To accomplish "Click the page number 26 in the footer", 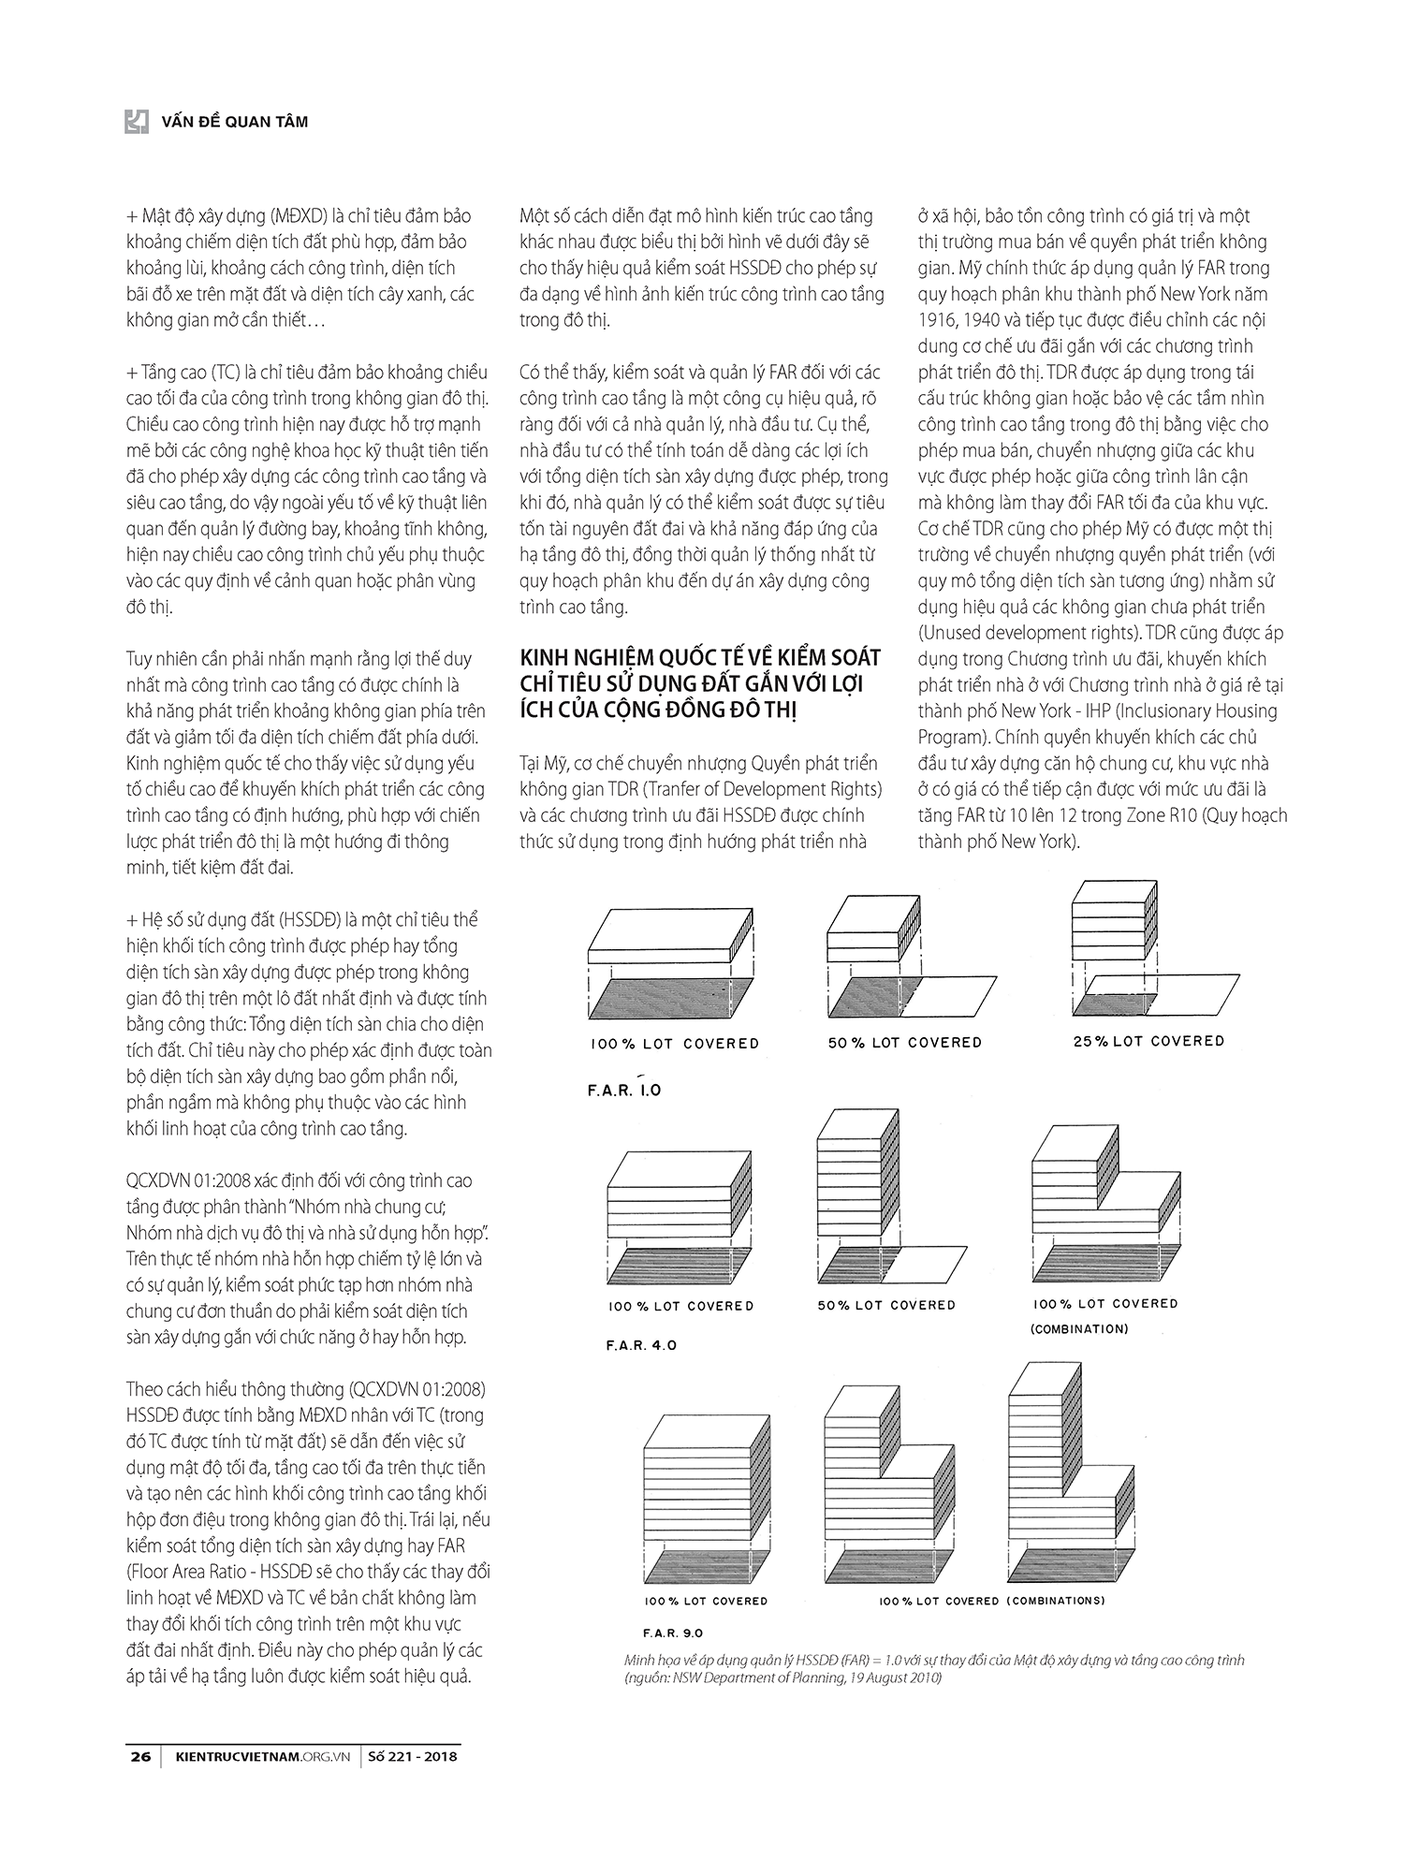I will (139, 1757).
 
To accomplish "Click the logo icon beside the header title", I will (137, 121).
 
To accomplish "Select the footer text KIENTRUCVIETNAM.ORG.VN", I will (262, 1757).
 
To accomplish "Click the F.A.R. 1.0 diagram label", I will (624, 1090).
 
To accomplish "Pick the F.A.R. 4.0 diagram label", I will (641, 1345).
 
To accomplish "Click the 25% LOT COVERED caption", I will (1148, 1040).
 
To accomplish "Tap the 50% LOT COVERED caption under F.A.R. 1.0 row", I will (904, 1042).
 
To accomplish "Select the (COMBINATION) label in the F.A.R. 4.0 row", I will (1079, 1328).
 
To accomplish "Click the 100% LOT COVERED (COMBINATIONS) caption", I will (991, 1600).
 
